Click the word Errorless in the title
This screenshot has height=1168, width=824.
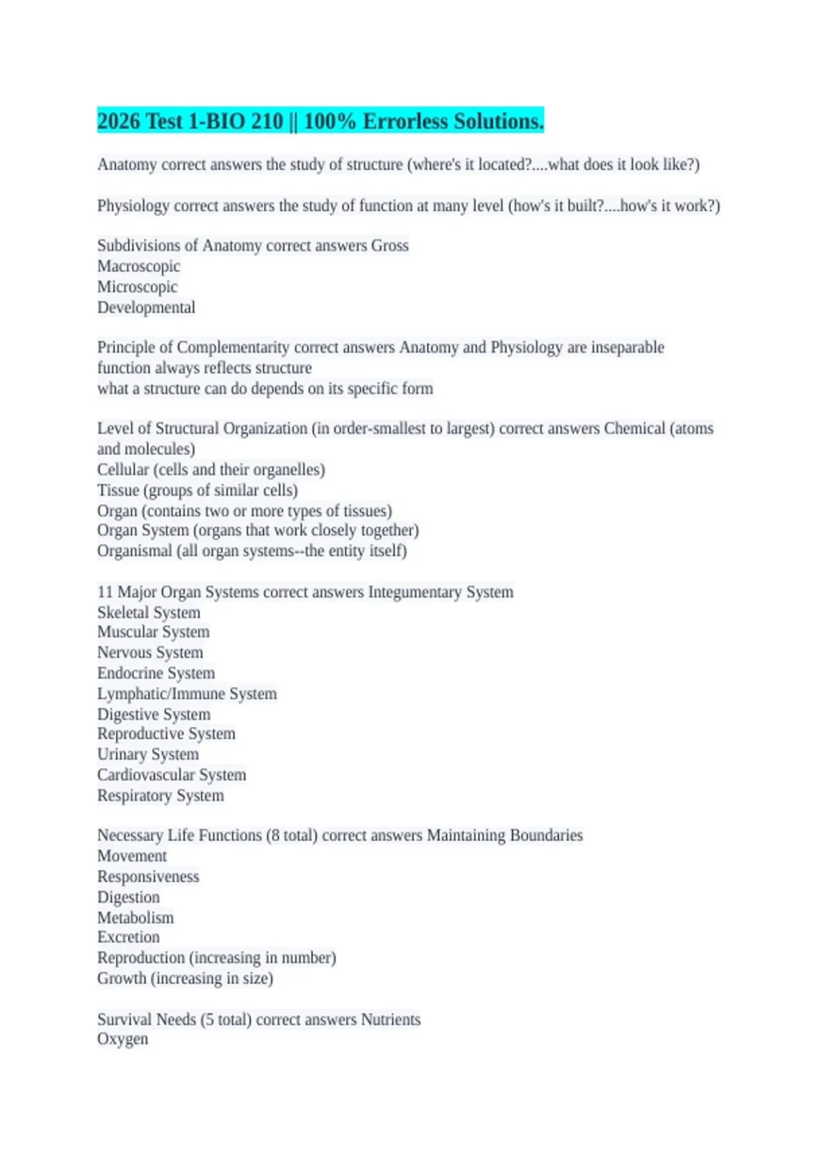[405, 122]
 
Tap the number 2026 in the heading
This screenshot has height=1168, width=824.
[119, 122]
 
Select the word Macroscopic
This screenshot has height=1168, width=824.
[139, 267]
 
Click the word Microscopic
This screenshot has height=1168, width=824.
[137, 287]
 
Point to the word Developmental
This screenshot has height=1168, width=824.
[146, 308]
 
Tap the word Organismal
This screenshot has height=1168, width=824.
[135, 551]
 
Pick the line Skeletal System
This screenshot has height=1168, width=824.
[149, 613]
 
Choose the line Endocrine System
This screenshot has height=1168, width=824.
[156, 673]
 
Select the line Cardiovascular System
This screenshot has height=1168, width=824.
[172, 775]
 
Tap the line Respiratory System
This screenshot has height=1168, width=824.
[161, 796]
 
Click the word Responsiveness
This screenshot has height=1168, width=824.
[148, 877]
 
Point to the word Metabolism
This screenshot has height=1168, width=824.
[135, 918]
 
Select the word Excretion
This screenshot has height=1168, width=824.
[128, 937]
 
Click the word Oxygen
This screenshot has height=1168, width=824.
[123, 1039]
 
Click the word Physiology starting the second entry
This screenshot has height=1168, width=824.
[133, 206]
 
